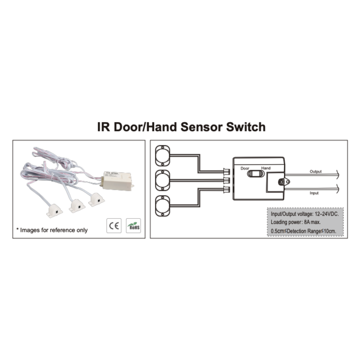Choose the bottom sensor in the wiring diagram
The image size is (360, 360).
(164, 206)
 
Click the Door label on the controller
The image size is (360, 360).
(245, 168)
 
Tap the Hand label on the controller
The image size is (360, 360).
(266, 168)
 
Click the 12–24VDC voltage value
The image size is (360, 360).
(327, 214)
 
